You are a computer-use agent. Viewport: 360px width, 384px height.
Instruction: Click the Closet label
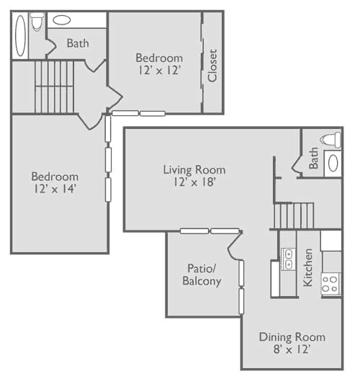[212, 66]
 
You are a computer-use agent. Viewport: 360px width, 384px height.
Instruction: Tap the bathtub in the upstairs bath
[20, 36]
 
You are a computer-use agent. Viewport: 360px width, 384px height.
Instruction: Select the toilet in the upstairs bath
[37, 22]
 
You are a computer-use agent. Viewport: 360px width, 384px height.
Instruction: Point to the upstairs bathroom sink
[62, 20]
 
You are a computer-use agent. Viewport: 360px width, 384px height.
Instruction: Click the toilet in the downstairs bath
[330, 140]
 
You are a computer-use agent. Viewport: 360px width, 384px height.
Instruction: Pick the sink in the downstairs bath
[333, 164]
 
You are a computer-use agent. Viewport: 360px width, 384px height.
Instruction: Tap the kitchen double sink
[289, 259]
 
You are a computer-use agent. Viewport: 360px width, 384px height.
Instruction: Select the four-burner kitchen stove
[330, 284]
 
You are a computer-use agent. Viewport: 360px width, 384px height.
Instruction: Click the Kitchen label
[308, 267]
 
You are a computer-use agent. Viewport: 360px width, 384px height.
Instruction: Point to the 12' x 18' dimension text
[194, 182]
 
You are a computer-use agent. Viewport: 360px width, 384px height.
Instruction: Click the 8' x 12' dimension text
[292, 349]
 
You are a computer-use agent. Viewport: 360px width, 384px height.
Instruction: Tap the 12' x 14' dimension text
[55, 189]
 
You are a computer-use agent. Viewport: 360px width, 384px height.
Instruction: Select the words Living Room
[194, 170]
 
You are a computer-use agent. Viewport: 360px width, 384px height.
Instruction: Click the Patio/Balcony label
[202, 274]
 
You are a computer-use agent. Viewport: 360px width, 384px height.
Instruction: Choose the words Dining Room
[292, 337]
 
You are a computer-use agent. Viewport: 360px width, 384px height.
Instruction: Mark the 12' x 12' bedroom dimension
[159, 71]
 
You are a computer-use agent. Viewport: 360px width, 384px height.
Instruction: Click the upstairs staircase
[54, 87]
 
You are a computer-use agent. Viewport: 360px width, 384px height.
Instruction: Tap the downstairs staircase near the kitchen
[294, 215]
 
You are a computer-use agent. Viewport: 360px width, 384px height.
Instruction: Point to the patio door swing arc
[234, 246]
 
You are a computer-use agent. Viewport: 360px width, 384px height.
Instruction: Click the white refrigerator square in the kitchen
[331, 240]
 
